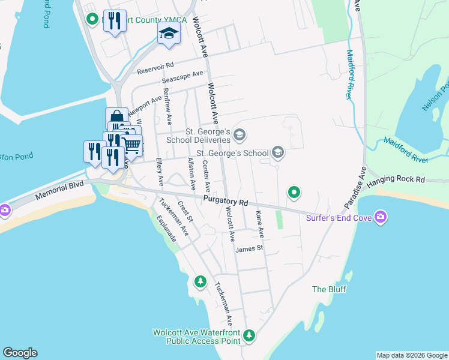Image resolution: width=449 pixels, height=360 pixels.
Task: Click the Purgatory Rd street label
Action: click(226, 203)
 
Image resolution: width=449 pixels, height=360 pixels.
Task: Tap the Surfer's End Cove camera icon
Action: click(380, 216)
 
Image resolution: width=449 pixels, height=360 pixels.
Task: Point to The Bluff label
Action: click(327, 289)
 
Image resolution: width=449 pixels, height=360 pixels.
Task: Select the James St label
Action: click(250, 248)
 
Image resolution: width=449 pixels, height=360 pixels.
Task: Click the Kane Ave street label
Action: click(260, 223)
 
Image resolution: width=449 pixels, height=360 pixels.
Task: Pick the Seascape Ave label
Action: click(182, 77)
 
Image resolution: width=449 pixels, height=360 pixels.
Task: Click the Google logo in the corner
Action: click(19, 353)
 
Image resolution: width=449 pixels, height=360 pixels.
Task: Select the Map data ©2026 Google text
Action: click(412, 355)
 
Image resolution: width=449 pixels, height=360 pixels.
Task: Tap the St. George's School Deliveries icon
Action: click(240, 134)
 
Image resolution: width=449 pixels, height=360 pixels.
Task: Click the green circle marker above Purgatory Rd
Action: click(294, 193)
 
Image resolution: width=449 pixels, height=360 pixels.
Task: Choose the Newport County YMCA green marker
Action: click(92, 19)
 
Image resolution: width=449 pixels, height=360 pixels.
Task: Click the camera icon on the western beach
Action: click(5, 209)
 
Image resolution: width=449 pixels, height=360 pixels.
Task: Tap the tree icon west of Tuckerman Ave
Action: click(200, 281)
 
